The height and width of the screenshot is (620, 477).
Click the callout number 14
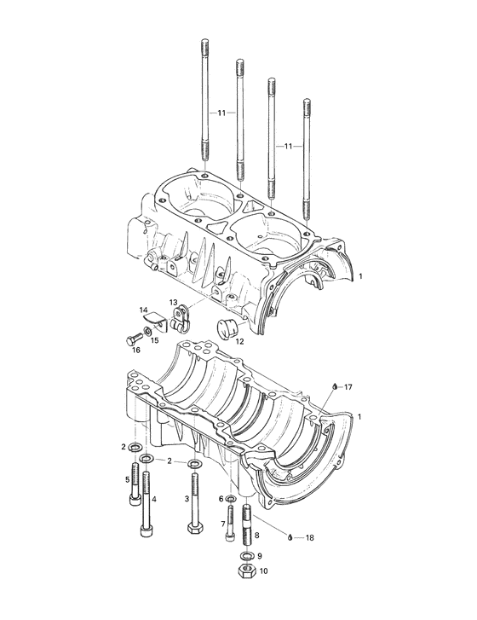pyautogui.click(x=144, y=310)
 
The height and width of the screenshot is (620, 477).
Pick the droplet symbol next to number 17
pyautogui.click(x=336, y=386)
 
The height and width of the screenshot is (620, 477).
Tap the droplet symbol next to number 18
pyautogui.click(x=290, y=537)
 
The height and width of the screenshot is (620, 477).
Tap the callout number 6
pyautogui.click(x=221, y=499)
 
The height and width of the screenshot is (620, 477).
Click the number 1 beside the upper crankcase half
pyautogui.click(x=360, y=277)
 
